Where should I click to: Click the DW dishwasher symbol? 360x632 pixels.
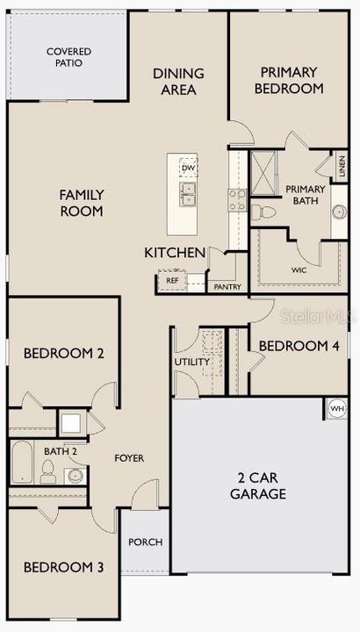click(x=187, y=168)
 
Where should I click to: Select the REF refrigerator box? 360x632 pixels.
click(x=172, y=281)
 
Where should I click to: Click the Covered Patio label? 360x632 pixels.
click(x=69, y=58)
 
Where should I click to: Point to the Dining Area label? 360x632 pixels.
click(x=178, y=82)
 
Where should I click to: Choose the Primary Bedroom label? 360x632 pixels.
click(x=289, y=81)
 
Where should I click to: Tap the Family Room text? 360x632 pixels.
click(x=82, y=203)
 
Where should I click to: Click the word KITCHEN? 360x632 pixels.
click(x=175, y=253)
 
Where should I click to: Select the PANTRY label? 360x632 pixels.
click(x=227, y=287)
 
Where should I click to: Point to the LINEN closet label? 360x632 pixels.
click(x=342, y=164)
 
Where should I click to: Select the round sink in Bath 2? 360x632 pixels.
click(x=76, y=477)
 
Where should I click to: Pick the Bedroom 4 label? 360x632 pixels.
click(x=299, y=346)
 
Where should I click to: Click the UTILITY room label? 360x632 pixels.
click(x=192, y=362)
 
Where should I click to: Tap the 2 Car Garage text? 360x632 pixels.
click(x=261, y=486)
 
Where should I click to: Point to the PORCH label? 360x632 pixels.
click(x=146, y=542)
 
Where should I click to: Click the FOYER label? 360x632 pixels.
click(x=129, y=458)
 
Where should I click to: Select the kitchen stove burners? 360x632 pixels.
click(x=236, y=199)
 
